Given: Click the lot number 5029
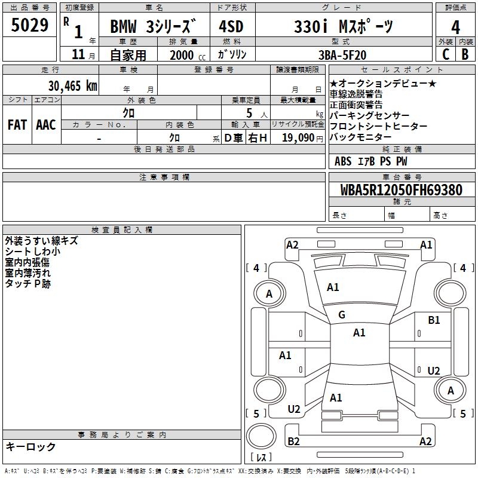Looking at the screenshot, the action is pos(29,24).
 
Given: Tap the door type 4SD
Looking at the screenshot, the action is pos(231,26).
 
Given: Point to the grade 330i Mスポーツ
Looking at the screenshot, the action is pos(344,26).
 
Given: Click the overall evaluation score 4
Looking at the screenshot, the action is pos(455,27).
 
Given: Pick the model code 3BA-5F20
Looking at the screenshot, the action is pos(342,55).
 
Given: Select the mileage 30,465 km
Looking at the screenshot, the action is pos(73,85).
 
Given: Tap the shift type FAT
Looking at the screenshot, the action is pos(17,125).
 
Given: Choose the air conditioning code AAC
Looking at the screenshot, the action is pos(46,125).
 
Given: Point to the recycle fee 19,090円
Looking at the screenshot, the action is pos(302,138).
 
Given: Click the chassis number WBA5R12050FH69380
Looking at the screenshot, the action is pos(402,189).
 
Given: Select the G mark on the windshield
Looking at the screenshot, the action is pos(342,315).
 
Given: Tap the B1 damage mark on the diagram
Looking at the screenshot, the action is pos(434,320).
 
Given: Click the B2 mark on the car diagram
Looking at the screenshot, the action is pos(293,441).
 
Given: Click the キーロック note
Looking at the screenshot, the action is pos(30,446).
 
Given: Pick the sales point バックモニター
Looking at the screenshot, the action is pos(360,137).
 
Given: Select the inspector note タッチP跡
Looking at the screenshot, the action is pos(27,283).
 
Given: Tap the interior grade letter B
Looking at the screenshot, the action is pos(465,54).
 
